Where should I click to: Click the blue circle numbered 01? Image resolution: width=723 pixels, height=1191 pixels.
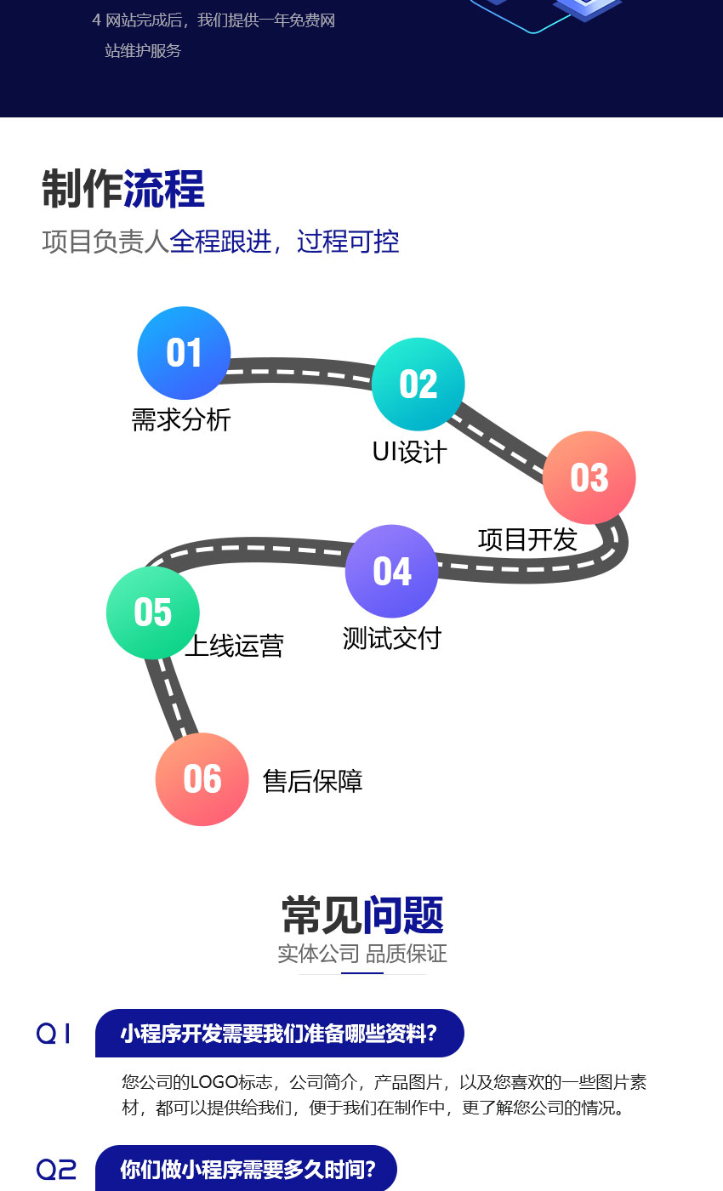pos(184,353)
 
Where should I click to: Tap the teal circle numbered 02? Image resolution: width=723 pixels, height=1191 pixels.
pos(418,384)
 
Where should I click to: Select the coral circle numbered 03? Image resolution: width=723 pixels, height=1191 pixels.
pos(589,477)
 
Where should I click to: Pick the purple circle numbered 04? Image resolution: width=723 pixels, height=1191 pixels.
pos(391,571)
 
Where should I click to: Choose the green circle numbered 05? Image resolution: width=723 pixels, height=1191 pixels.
pos(153,613)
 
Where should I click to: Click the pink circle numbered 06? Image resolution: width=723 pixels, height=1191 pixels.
pos(202,779)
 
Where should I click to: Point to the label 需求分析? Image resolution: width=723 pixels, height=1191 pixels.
pos(181,419)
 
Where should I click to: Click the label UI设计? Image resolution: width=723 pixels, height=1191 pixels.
pos(409,452)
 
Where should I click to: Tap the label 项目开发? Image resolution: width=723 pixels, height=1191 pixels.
pos(527,539)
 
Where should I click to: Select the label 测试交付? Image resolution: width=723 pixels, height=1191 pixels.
pos(392,638)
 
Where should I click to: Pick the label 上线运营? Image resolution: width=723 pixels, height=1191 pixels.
pos(234,646)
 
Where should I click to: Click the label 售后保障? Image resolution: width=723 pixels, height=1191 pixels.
pos(313,781)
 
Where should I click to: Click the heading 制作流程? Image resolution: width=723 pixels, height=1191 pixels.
pos(123,189)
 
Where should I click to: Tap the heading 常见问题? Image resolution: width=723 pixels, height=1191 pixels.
pos(362,915)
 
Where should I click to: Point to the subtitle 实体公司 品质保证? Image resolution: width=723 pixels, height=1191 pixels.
pos(362,954)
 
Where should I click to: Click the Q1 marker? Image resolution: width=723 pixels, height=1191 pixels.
pos(54,1034)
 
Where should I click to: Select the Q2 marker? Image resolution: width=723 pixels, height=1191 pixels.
pos(56,1170)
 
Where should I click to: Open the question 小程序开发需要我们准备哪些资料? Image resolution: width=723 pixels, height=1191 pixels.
pos(279,1034)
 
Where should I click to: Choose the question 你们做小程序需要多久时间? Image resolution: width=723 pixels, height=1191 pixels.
pos(248,1170)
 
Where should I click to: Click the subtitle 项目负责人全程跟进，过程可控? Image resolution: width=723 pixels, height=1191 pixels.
pos(220,242)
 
